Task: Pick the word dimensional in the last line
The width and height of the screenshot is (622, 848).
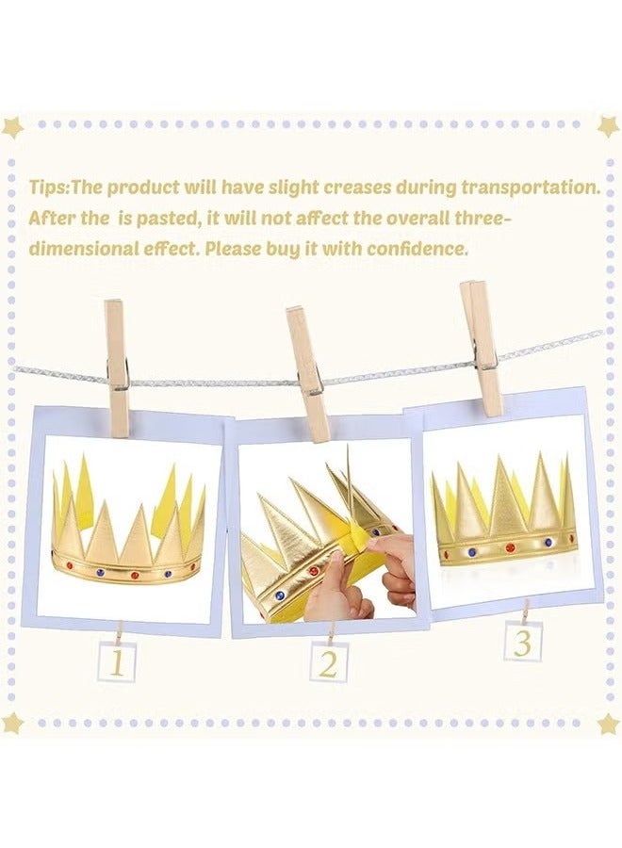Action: coord(80,250)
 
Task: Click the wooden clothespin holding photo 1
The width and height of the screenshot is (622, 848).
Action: coord(117,367)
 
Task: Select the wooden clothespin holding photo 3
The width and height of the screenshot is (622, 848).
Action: coord(482,348)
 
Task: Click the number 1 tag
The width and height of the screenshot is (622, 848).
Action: coord(117,662)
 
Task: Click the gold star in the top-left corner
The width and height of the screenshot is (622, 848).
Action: coord(12,126)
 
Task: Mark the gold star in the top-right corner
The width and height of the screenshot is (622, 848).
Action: coord(608,125)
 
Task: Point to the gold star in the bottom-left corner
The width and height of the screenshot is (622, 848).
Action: coord(12,723)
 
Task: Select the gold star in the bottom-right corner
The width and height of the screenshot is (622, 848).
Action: coord(608,723)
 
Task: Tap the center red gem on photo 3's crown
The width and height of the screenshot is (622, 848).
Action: coord(510,546)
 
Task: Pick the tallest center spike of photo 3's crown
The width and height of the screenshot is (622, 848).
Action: coord(509,490)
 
